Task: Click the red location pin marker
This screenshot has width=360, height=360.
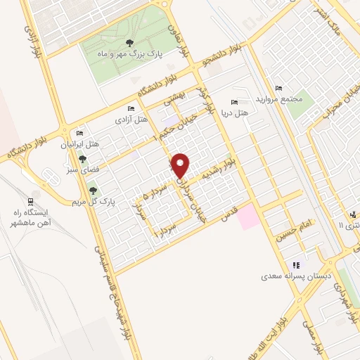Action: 181,166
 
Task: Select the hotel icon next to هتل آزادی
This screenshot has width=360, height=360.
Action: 131,109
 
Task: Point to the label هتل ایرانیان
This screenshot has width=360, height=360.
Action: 80,144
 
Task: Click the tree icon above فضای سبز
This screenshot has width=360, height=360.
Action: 83,160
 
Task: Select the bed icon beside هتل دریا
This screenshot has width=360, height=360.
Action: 235,102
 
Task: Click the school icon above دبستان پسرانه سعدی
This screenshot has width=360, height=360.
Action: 296,265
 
